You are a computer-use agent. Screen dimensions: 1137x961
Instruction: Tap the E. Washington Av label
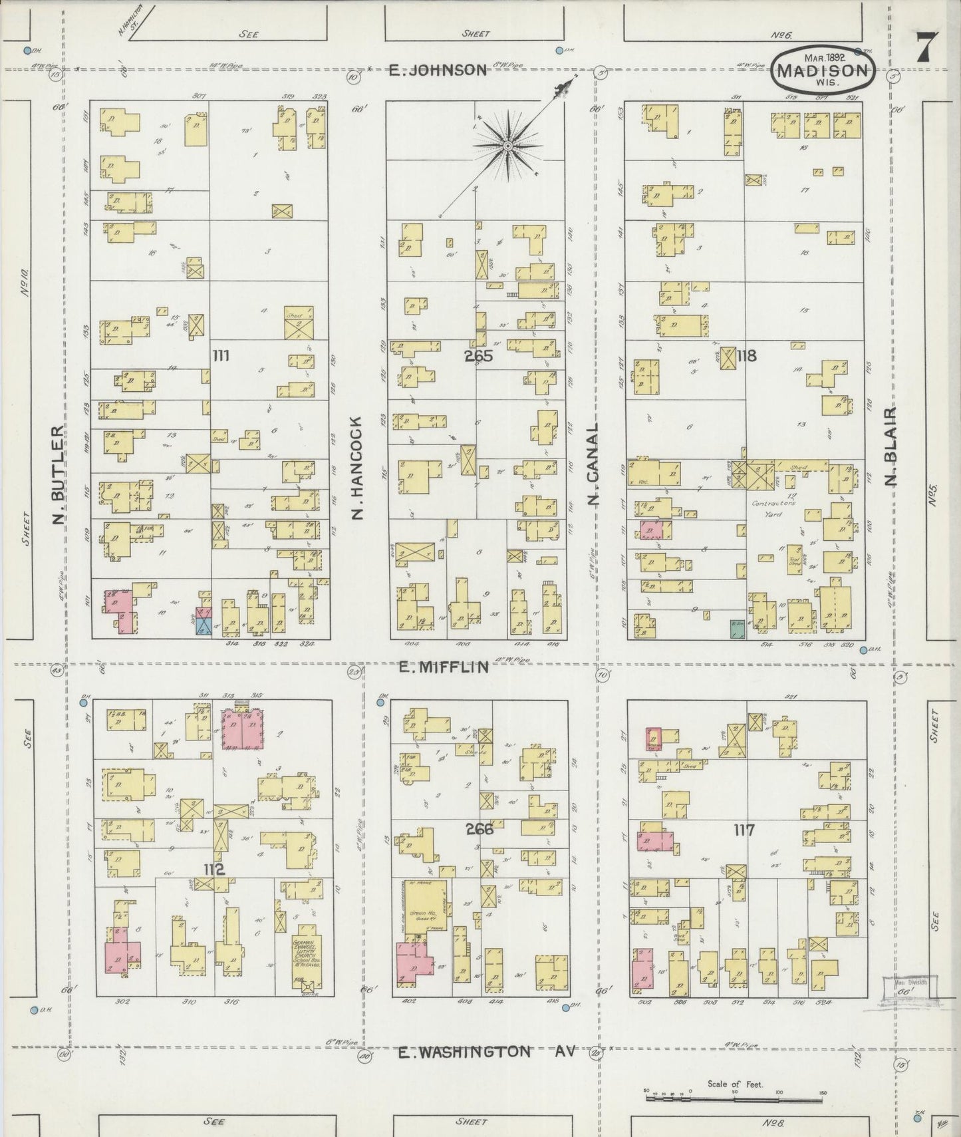(x=485, y=1052)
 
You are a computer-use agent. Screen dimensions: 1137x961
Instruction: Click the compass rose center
(x=507, y=145)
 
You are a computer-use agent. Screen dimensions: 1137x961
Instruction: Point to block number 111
(x=220, y=357)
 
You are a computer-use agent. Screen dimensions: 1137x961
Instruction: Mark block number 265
(x=478, y=357)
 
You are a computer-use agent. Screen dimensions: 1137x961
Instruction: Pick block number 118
(x=746, y=356)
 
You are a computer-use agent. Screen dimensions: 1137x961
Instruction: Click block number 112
(x=214, y=870)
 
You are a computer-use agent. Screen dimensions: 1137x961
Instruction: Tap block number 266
(x=480, y=829)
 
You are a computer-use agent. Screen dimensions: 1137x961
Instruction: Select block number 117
(x=744, y=830)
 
